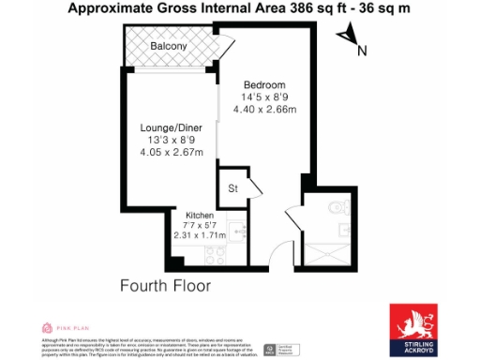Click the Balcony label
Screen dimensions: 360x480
[x=170, y=46]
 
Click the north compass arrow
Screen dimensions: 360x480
[x=351, y=38]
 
